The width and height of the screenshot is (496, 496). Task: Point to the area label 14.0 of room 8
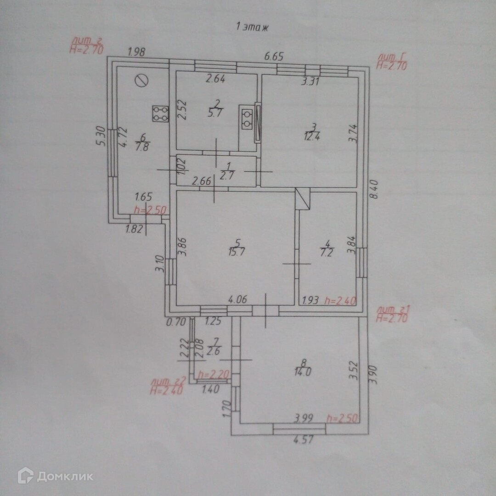304,372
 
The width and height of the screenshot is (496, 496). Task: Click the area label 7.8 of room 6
141,147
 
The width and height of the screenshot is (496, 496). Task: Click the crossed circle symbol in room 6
142,81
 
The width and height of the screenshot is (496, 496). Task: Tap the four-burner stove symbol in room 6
160,114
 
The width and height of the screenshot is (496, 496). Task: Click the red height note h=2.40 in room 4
340,301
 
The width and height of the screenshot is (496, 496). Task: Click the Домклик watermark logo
55,476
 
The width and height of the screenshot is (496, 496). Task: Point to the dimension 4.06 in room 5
238,300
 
